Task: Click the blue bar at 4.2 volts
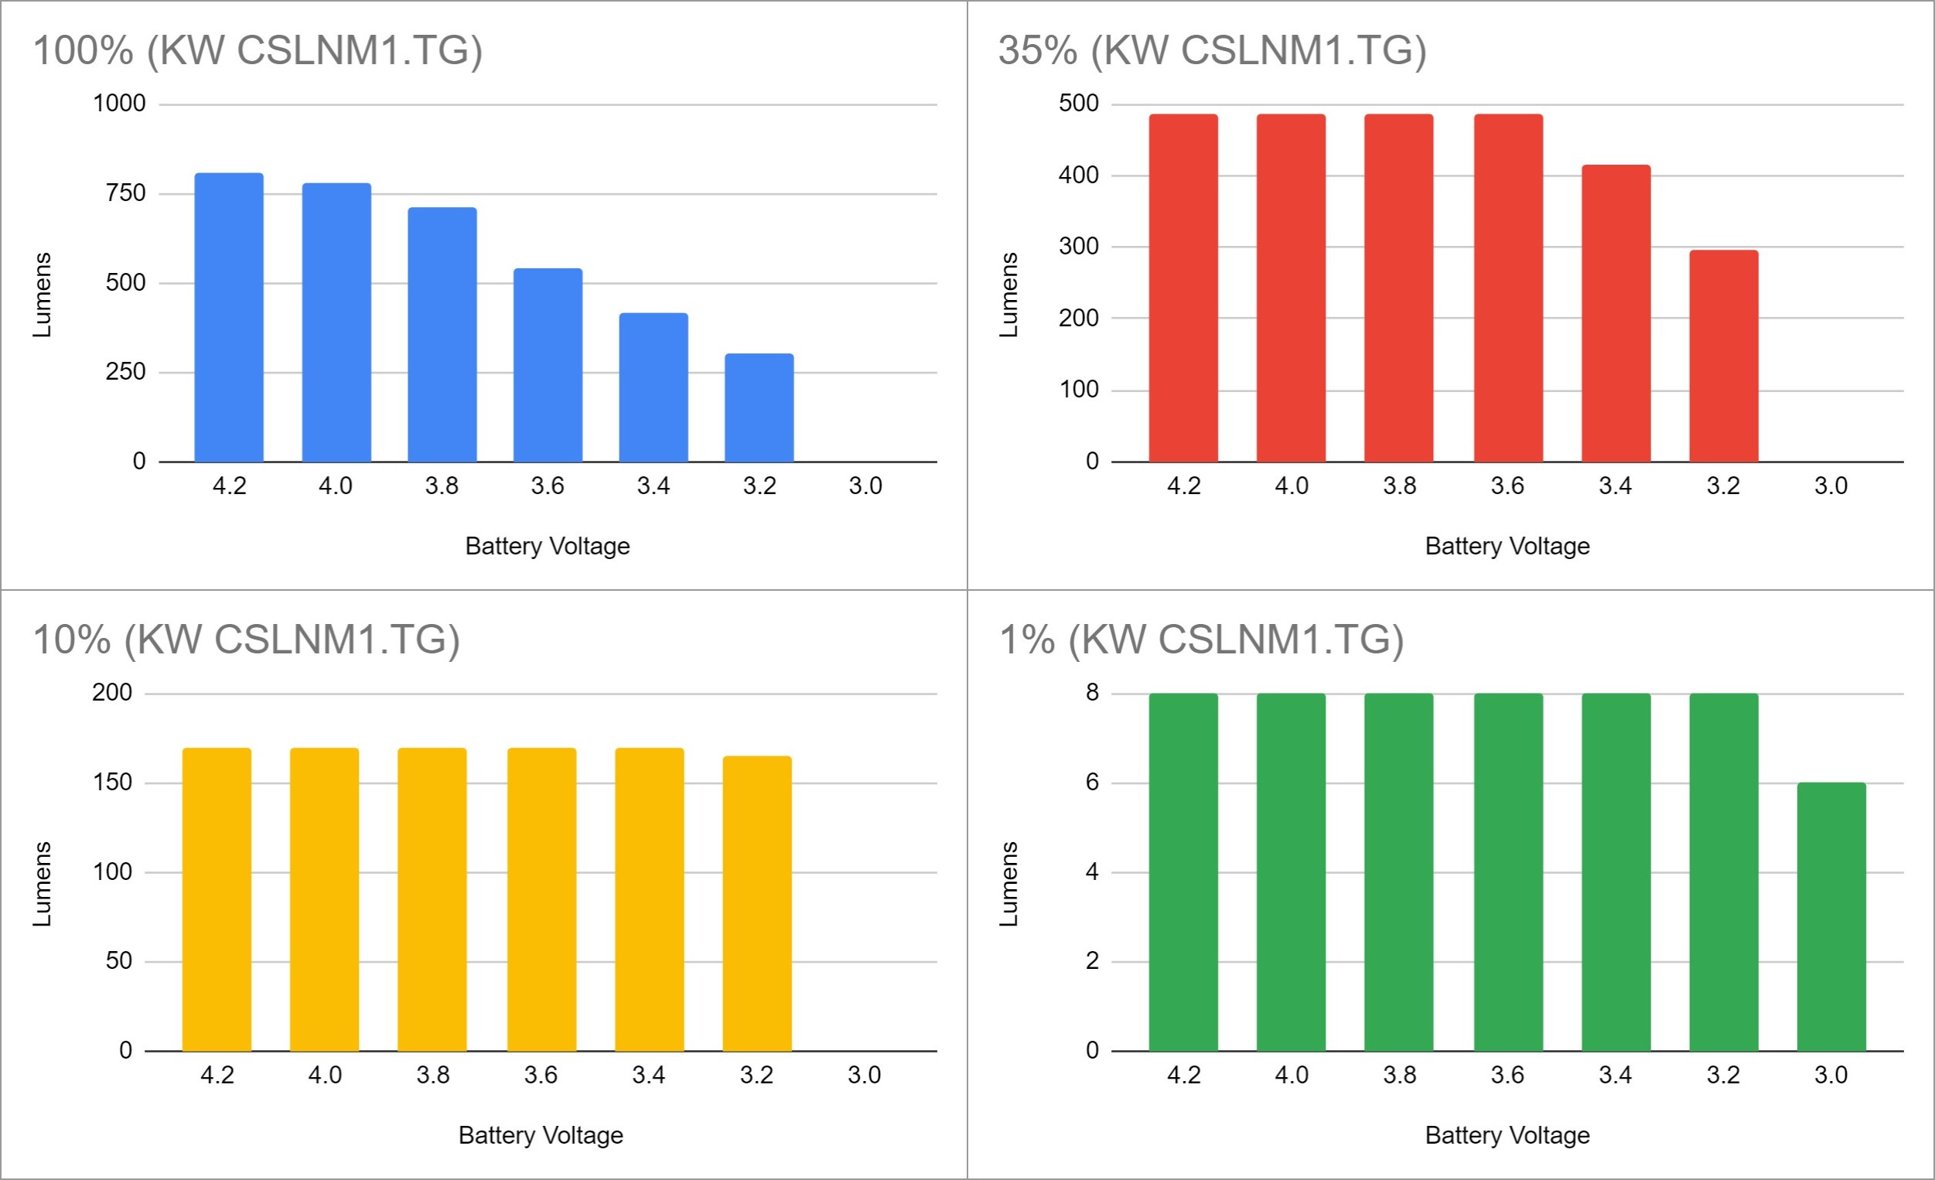point(228,317)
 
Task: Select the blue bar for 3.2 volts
point(759,408)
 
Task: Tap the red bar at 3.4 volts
point(1616,313)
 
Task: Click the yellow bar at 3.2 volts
point(756,903)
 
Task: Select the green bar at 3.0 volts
point(1831,916)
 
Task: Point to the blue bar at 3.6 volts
point(548,365)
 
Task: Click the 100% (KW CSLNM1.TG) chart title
point(258,50)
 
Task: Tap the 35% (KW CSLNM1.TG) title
point(1212,50)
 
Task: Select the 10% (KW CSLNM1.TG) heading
point(246,639)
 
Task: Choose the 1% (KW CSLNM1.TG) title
point(1201,639)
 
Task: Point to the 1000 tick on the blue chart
point(119,104)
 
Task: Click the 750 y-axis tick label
point(125,193)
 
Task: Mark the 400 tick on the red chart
point(1078,175)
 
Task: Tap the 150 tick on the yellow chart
point(112,782)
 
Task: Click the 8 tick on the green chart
point(1091,692)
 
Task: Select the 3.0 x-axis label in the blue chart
point(865,486)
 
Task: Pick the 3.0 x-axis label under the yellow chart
point(864,1075)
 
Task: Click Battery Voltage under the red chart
point(1507,547)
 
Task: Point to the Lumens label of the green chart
point(1008,884)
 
